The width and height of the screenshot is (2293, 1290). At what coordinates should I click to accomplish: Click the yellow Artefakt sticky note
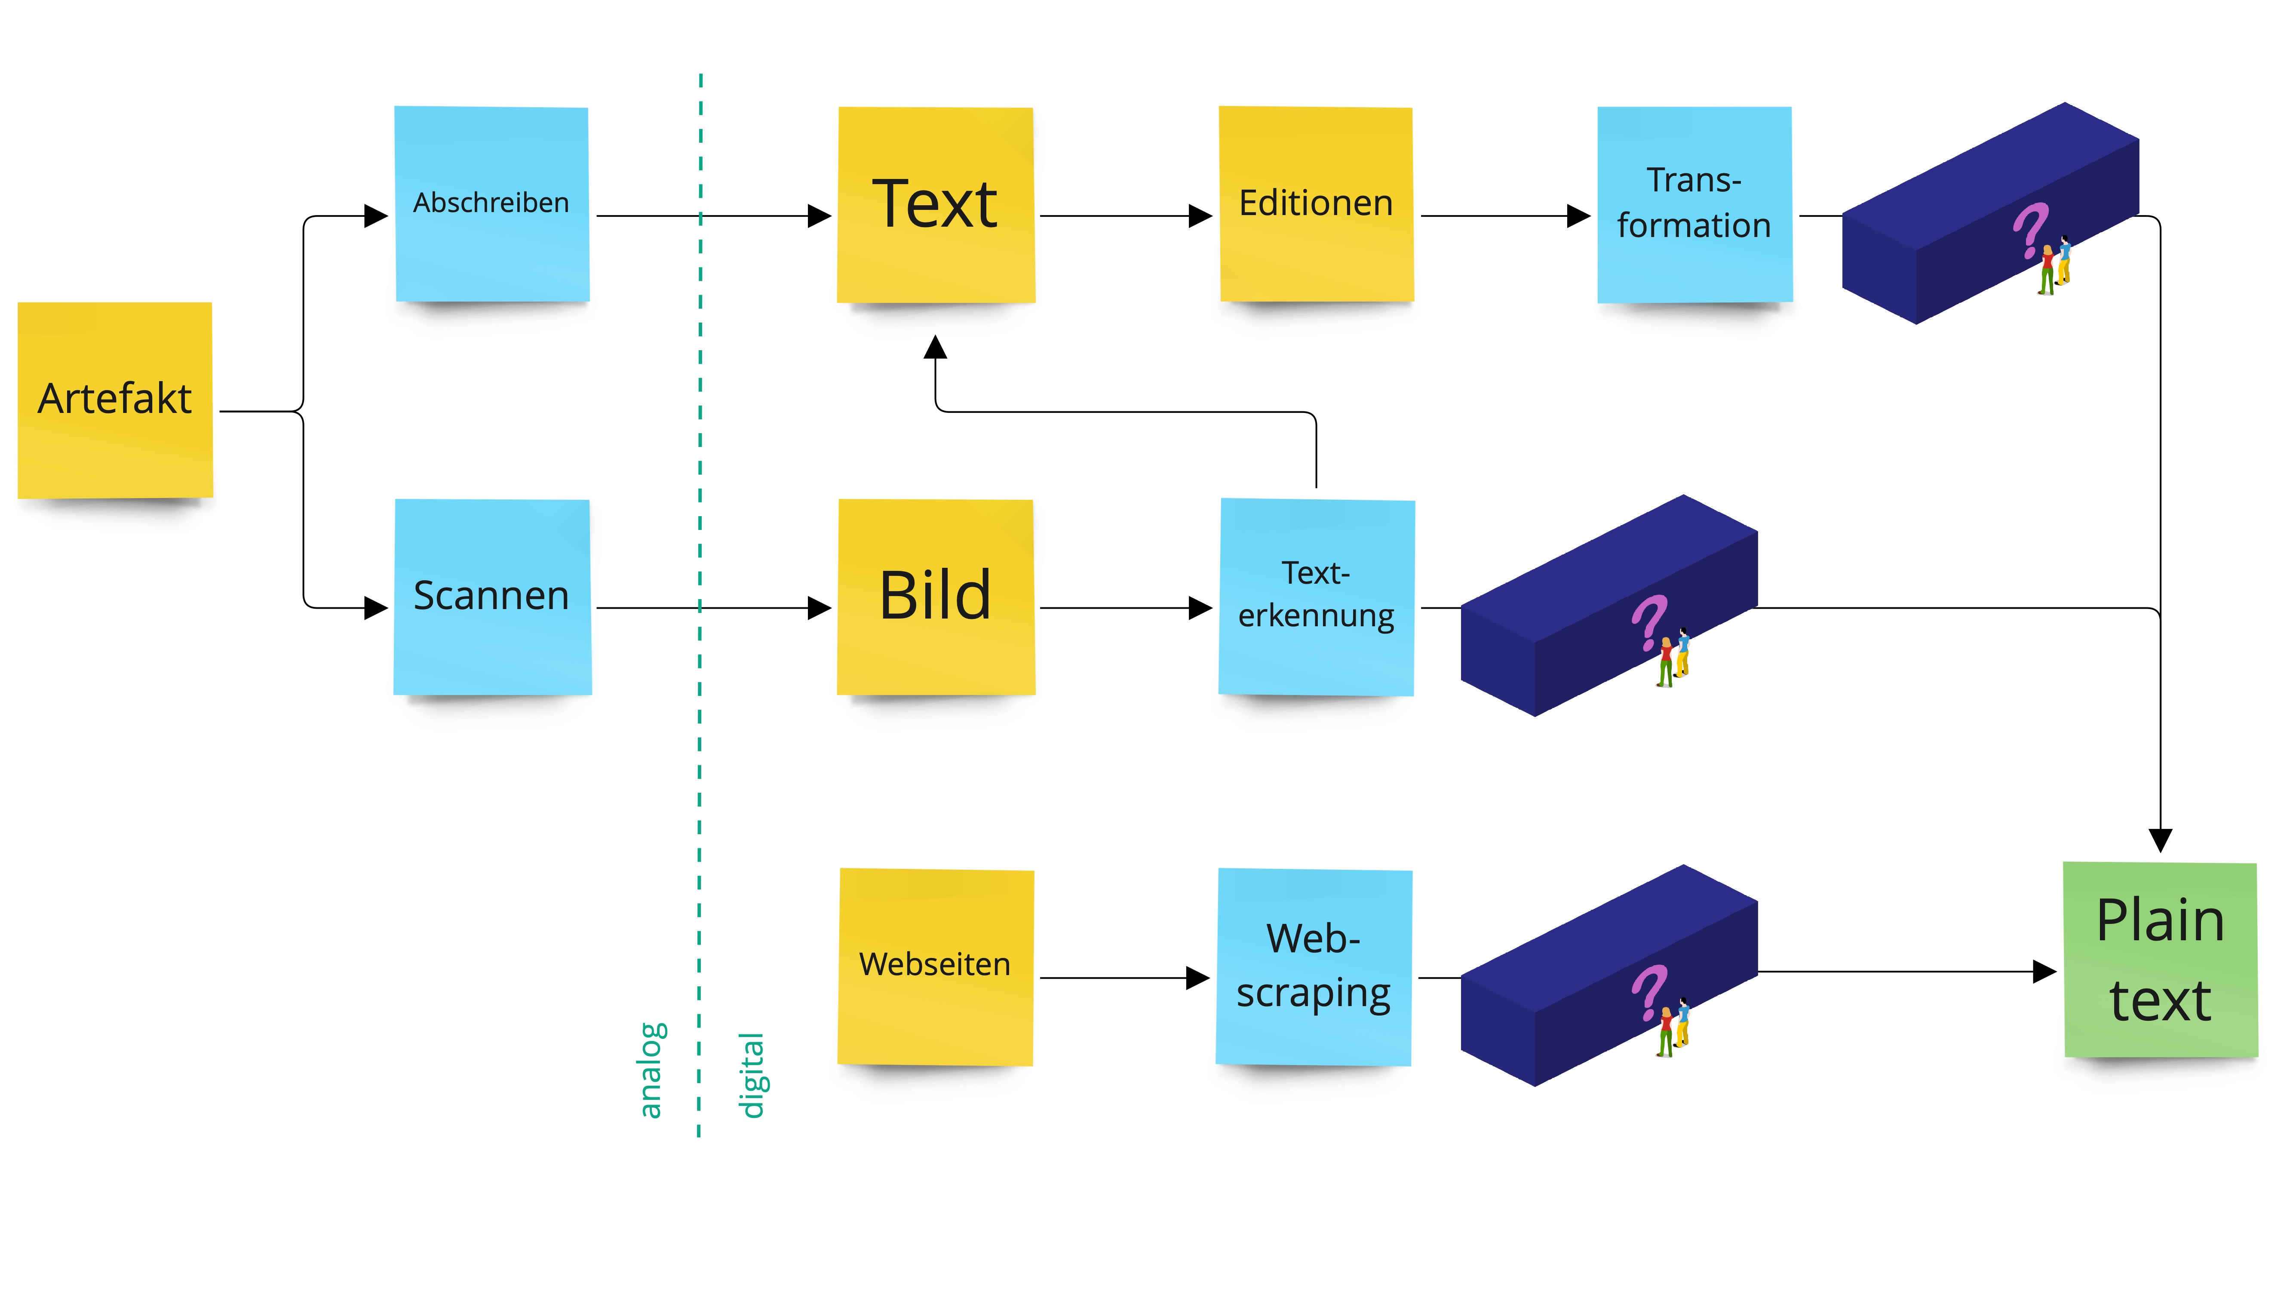(115, 400)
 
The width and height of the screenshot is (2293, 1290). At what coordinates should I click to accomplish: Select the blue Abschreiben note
(491, 204)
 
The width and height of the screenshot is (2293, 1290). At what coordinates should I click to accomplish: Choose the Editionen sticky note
(1316, 204)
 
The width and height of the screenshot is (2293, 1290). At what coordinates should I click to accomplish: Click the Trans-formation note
(1694, 204)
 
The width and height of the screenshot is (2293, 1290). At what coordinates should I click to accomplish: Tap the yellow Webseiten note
(935, 966)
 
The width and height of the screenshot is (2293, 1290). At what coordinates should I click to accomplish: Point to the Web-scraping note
(1314, 966)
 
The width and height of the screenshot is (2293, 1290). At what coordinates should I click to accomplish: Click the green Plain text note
(2161, 960)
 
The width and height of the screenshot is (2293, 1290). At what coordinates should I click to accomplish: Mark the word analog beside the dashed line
(651, 1070)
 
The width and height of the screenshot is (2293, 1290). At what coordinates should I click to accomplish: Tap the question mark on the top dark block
(2030, 230)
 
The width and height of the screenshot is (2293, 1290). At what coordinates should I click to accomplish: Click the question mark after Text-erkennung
(1648, 622)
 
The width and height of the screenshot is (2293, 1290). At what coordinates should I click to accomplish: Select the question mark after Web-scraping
(1648, 991)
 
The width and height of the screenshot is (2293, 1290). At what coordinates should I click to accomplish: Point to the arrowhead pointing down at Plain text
(2161, 840)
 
